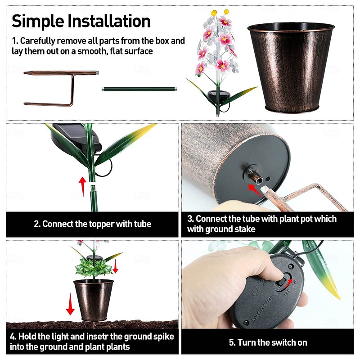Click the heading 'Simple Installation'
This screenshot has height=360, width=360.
[x=81, y=21]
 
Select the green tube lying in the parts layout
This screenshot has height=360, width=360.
[x=139, y=89]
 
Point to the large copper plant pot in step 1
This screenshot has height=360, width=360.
[x=291, y=68]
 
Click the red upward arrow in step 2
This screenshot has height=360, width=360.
[x=82, y=184]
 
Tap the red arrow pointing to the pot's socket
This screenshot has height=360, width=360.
[x=255, y=190]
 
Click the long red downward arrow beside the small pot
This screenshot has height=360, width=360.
[x=70, y=304]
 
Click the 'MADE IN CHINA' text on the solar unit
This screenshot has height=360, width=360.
[x=262, y=308]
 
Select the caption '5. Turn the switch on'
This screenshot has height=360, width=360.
[x=268, y=342]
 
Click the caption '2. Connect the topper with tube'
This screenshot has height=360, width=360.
[x=93, y=224]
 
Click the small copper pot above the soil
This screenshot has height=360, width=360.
[x=94, y=300]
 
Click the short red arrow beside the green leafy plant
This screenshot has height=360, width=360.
[x=116, y=266]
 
